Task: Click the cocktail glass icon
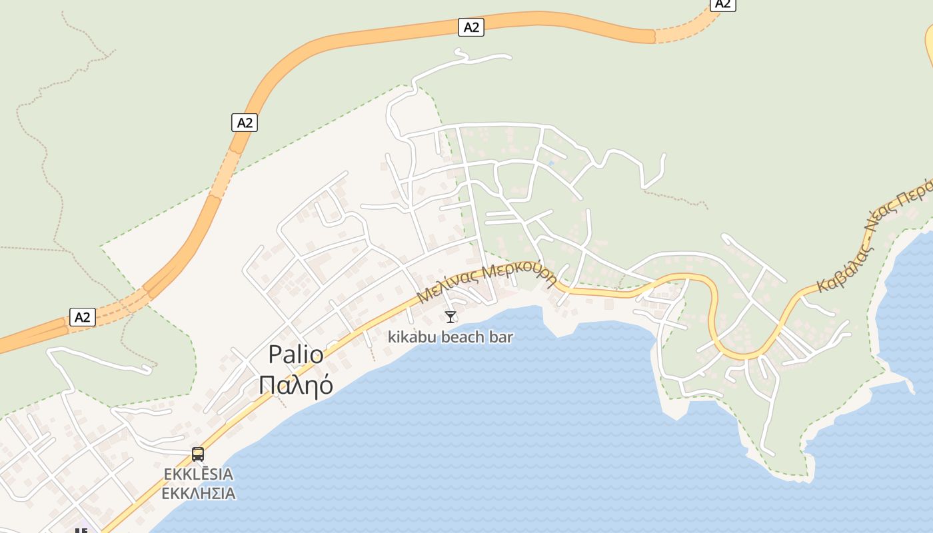(451, 316)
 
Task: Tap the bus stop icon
(198, 454)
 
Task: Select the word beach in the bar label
(464, 337)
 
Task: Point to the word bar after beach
(502, 337)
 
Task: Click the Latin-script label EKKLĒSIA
(199, 474)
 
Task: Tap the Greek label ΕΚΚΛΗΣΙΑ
(199, 494)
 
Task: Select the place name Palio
(296, 354)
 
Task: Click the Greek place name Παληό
(296, 385)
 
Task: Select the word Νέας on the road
(882, 223)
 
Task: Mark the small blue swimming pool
(550, 163)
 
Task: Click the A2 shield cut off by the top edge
(722, 4)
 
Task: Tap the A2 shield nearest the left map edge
(83, 317)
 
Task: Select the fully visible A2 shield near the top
(471, 27)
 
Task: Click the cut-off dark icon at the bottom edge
(81, 530)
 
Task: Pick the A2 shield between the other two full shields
(245, 123)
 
